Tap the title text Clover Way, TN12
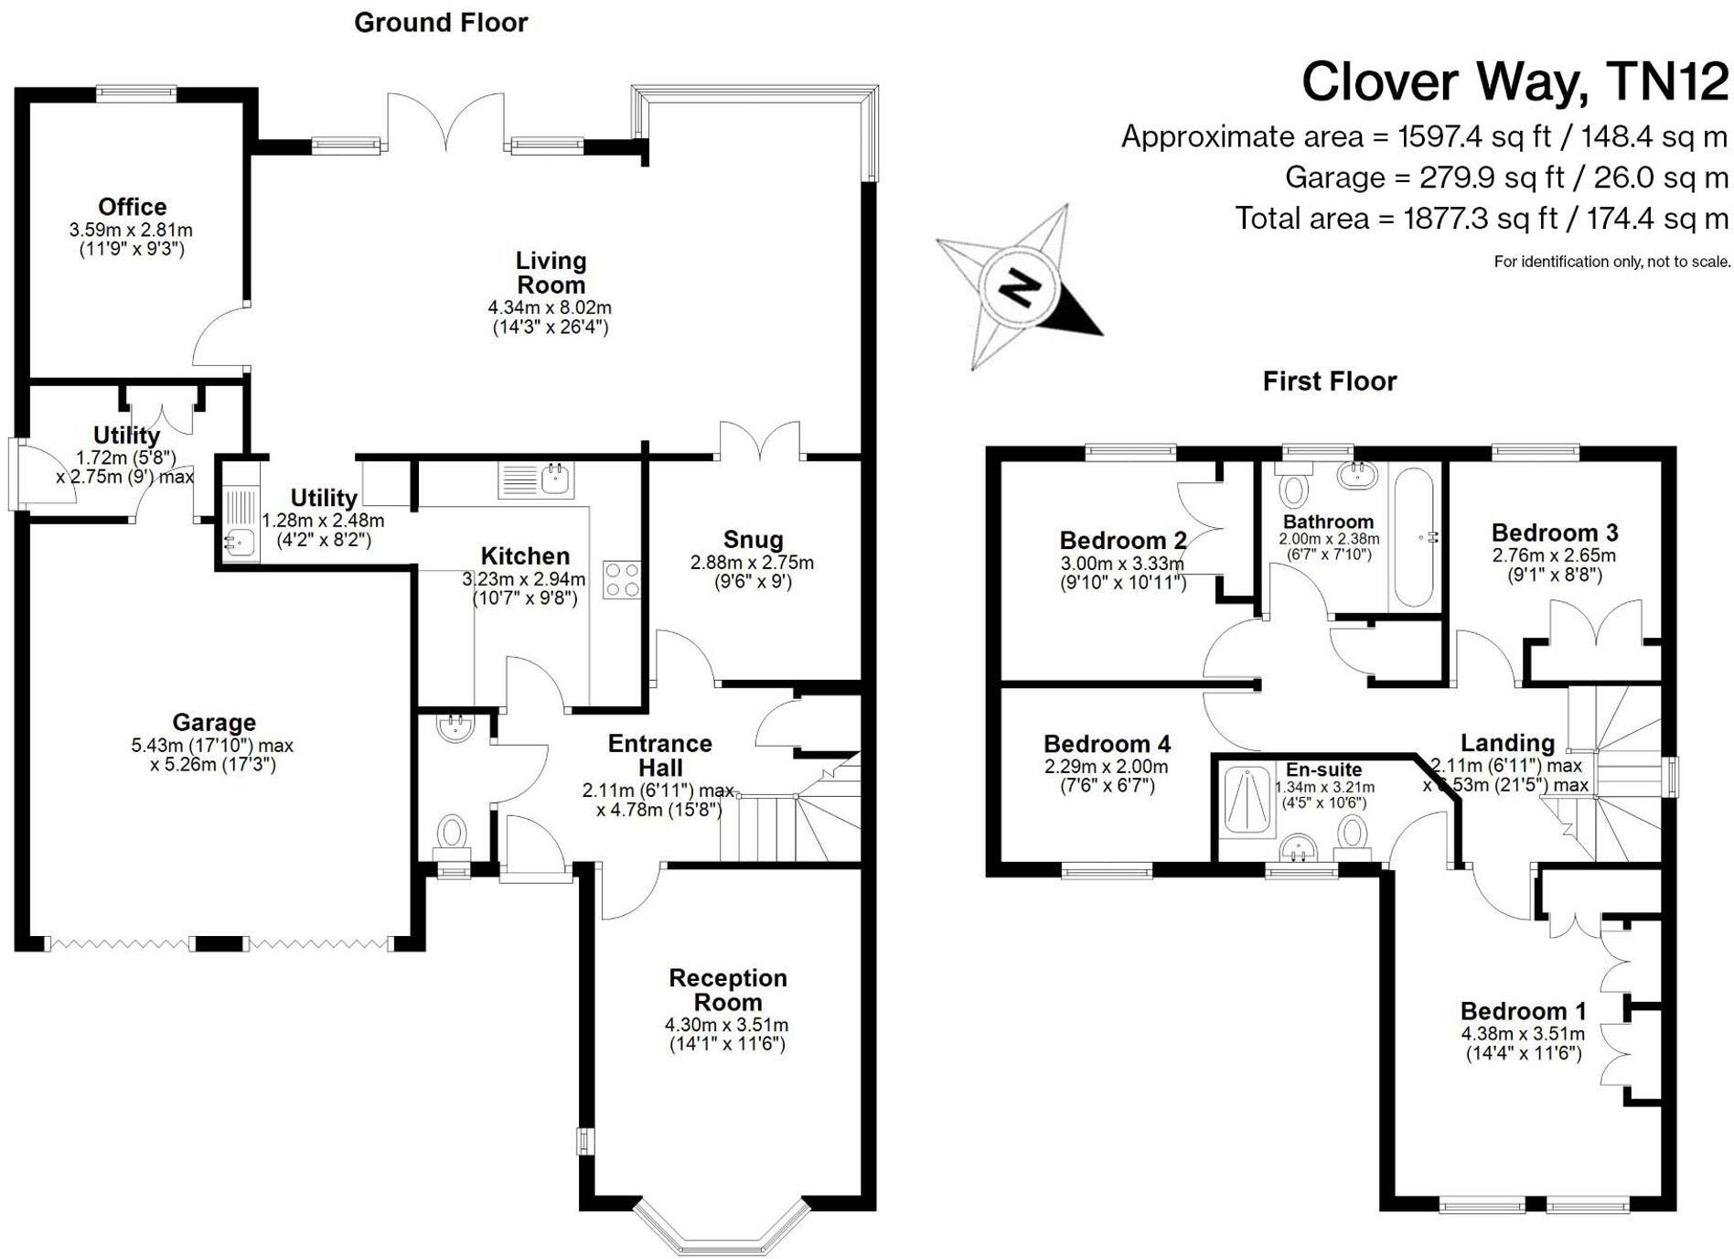[1515, 82]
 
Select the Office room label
[133, 207]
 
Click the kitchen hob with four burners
[622, 579]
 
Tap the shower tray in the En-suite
[1247, 802]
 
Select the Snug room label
[753, 540]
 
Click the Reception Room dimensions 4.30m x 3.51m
[727, 1025]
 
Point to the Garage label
[214, 723]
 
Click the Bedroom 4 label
[1107, 744]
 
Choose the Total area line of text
[1482, 219]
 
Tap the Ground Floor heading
[441, 23]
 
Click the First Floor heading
[1329, 382]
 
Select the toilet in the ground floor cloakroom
[452, 834]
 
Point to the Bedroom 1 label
[1523, 1011]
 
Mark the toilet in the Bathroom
[1293, 487]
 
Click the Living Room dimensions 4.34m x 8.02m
[550, 307]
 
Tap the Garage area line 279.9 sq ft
[1506, 178]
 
